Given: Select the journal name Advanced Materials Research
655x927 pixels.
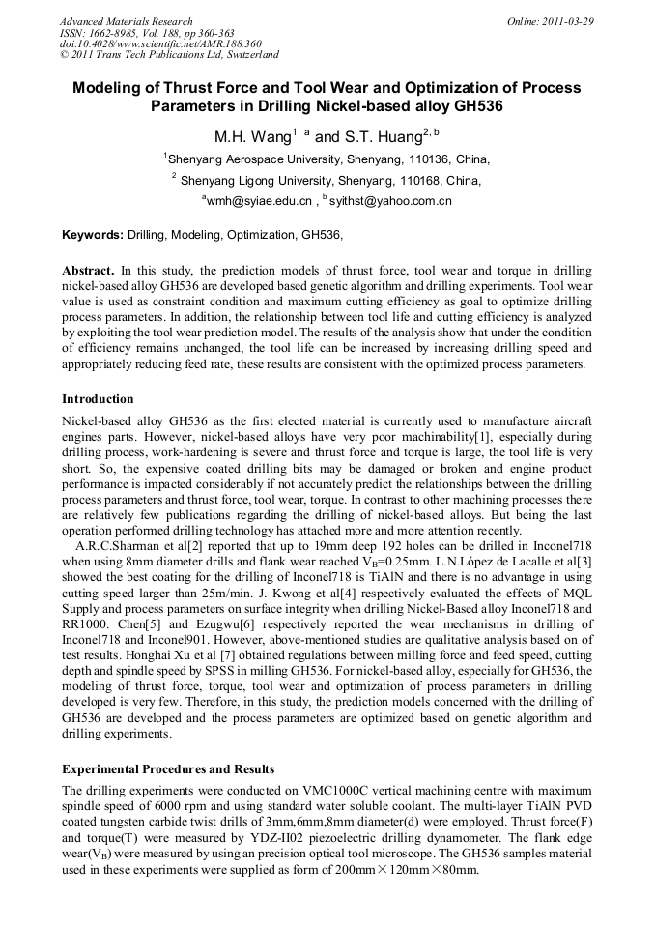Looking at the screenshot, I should pyautogui.click(x=126, y=21).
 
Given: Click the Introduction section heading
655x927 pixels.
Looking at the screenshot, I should pyautogui.click(x=98, y=399).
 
